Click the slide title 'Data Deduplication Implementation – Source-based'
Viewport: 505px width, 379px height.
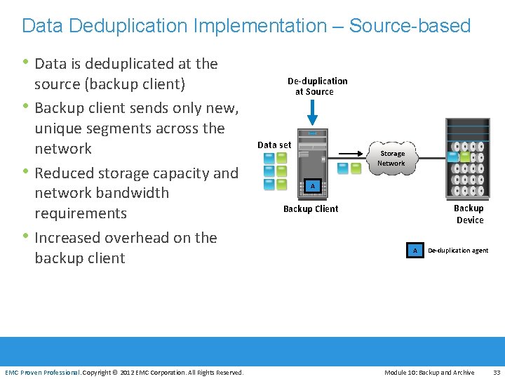coord(246,26)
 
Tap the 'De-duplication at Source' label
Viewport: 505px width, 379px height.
coord(317,86)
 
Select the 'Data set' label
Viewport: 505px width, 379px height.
coord(274,145)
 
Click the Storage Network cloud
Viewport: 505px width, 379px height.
coord(391,158)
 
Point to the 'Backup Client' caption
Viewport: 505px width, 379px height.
coord(311,208)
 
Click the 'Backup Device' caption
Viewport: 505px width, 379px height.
coord(469,214)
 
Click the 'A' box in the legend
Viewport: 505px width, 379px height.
coord(415,250)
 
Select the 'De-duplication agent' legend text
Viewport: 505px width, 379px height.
coord(458,251)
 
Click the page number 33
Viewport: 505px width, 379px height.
coord(497,373)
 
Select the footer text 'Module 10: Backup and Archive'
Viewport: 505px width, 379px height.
coord(429,373)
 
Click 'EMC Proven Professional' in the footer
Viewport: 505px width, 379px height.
coord(42,373)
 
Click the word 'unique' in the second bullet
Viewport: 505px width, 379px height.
coord(60,128)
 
